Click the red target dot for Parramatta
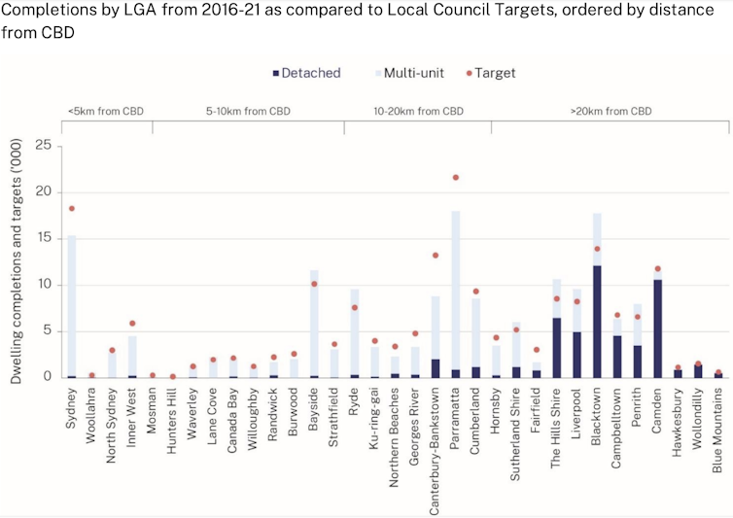tap(456, 178)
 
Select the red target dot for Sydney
tap(71, 208)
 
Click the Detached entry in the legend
tap(306, 73)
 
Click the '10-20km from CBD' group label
tap(418, 111)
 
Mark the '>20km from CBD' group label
tap(611, 111)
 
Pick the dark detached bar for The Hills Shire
tap(556, 347)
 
